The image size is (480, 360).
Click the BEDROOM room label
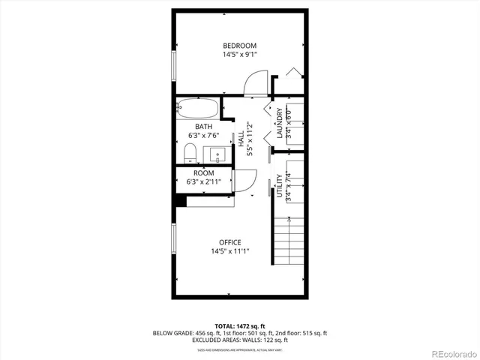[239, 46]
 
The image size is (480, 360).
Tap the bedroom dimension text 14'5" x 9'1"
[239, 55]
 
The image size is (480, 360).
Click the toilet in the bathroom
[190, 155]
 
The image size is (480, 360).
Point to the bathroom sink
[218, 156]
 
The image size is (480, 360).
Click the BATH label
[204, 127]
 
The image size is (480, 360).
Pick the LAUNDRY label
[280, 124]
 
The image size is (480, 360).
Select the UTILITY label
[280, 187]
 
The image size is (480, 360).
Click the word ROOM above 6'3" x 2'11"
[204, 173]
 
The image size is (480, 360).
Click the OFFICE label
[229, 242]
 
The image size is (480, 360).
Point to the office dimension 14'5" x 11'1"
[229, 251]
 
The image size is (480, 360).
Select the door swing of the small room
[244, 181]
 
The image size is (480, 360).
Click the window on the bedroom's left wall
[174, 66]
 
